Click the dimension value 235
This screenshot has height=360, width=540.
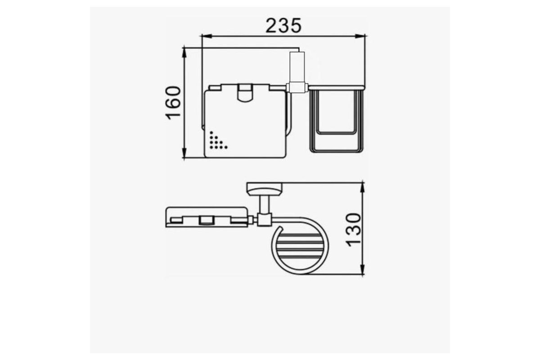coord(283,26)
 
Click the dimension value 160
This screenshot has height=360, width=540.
coord(173,103)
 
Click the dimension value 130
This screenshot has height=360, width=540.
coord(354,230)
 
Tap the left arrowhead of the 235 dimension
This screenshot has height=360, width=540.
coord(207,36)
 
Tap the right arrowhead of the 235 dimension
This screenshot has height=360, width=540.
coord(360,36)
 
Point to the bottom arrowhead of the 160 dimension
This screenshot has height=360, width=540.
coord(184,153)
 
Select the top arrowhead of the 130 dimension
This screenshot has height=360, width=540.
coord(362,188)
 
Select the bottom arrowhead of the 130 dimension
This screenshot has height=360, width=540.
coord(362,269)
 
